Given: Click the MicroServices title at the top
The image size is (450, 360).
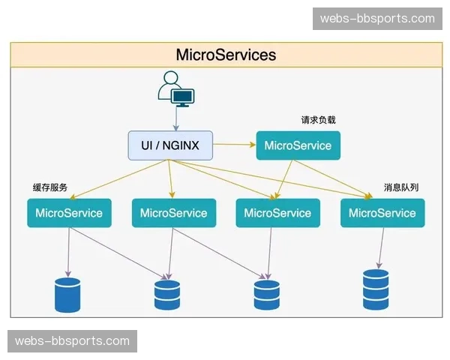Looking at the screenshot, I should pos(226,55).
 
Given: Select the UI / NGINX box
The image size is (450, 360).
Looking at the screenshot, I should pos(170,145).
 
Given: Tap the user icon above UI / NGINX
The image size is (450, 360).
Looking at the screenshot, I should pos(175,88).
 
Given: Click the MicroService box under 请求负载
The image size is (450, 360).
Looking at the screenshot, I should pos(298,145).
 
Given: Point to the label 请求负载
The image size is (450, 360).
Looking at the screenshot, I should pos(319,119).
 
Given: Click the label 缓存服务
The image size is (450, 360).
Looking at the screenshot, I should pos(50,187).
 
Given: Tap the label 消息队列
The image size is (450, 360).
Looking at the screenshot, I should pos(401,187).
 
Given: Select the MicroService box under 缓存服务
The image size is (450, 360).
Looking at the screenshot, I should pos(69,213).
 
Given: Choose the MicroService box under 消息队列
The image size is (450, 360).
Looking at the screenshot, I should pos(382,213).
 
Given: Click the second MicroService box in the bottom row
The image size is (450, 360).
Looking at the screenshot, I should pos(173,213).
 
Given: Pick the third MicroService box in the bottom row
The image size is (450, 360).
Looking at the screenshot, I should pos(277,213).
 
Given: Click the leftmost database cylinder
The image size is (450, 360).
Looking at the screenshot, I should pos(67,295).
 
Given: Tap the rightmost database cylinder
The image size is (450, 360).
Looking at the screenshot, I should pos(376,285).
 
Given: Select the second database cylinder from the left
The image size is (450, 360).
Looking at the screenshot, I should pos(167,295).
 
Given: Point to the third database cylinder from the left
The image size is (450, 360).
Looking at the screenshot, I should pos(266,295).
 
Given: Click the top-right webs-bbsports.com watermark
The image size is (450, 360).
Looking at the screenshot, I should pos(377,18).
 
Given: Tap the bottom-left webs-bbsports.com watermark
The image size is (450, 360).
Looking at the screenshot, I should pos(72,341).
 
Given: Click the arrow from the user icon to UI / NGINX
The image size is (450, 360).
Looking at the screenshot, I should pos(175,117).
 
